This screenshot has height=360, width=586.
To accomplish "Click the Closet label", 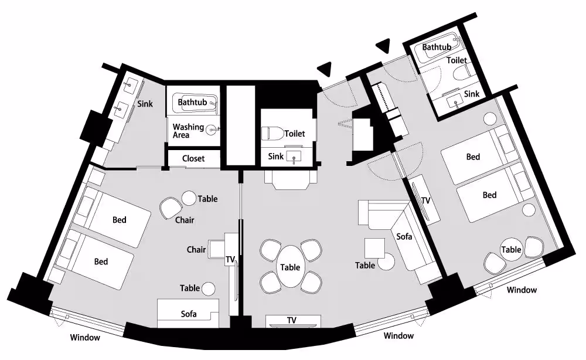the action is coord(193,158).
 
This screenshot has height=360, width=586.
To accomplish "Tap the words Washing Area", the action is coord(188,131).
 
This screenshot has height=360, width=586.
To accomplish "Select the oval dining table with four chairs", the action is coord(291,267).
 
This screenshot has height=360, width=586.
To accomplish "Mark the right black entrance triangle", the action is coord(383,46).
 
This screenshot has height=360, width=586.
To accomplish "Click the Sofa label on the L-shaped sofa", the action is coord(404,236).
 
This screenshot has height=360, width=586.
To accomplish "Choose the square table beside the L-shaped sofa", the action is coord(374,248).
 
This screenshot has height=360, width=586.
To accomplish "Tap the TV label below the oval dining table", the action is coord(291,320).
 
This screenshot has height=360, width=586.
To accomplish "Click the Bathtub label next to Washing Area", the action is coord(192,102).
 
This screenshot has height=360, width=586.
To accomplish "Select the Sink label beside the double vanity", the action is coord(145,104).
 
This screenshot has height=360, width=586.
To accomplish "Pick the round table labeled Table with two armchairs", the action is coord(511,249).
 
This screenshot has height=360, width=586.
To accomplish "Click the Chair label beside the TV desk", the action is coord(196,249).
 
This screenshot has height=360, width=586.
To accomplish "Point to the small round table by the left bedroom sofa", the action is coord(208,288).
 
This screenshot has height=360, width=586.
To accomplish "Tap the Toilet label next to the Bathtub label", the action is coord(456,60).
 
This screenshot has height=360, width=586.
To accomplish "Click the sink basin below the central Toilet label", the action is coord(294,157).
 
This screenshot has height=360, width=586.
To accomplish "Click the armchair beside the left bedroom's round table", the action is coord(171,208).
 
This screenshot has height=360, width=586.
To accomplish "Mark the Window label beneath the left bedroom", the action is coord(85,338).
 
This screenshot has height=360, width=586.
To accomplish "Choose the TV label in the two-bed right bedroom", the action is coord(425,201).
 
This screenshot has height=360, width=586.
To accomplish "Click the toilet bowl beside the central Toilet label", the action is coord(272,134).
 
